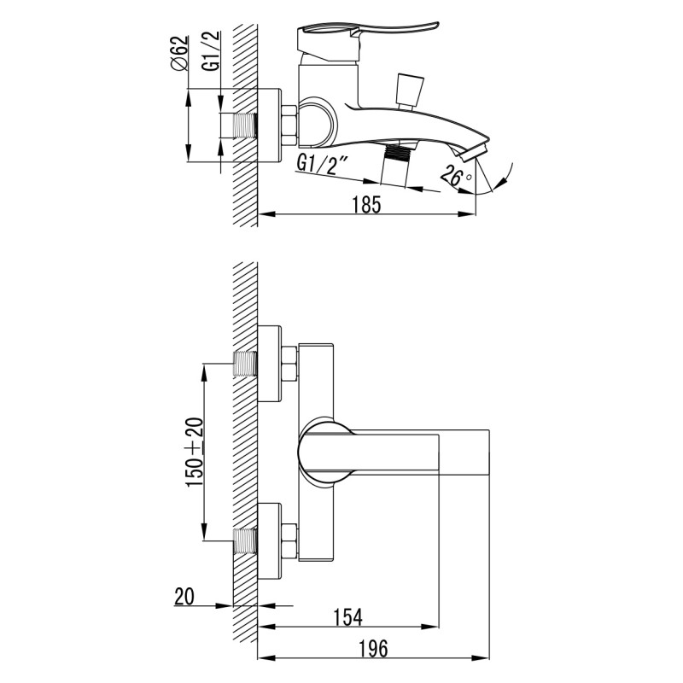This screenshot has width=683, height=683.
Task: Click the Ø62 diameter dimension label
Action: coord(180,53)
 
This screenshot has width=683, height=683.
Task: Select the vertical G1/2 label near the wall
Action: coord(211,51)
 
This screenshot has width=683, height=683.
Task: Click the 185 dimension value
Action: coord(366,204)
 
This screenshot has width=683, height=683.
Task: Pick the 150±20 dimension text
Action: coord(195,452)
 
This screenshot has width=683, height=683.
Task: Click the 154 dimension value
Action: coord(348,617)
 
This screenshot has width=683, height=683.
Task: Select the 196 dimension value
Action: coord(374,649)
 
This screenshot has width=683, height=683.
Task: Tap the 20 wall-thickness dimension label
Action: coord(184,596)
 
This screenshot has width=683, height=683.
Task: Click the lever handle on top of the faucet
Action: coord(367,40)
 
